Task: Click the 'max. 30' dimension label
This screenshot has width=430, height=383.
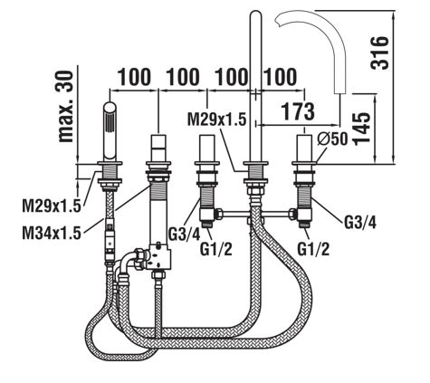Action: pyautogui.click(x=65, y=106)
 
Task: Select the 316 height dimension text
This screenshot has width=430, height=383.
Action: pyautogui.click(x=379, y=53)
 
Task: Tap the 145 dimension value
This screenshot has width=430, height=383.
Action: pyautogui.click(x=361, y=129)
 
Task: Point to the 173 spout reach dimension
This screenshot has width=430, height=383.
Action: pyautogui.click(x=298, y=110)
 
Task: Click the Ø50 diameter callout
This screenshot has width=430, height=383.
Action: pyautogui.click(x=332, y=139)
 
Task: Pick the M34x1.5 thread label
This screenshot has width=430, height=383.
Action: pyautogui.click(x=52, y=234)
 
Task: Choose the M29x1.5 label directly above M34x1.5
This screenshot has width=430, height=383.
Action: pyautogui.click(x=52, y=206)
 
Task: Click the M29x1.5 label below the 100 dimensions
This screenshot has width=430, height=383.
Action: pyautogui.click(x=217, y=119)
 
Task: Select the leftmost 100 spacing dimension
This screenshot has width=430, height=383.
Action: pyautogui.click(x=134, y=77)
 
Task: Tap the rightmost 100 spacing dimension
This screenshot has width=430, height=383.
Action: pyautogui.click(x=280, y=77)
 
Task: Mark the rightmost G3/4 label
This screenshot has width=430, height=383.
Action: pyautogui.click(x=360, y=223)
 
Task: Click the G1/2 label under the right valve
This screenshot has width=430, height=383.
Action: pyautogui.click(x=313, y=249)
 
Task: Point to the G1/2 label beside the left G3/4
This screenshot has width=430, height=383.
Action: pyautogui.click(x=216, y=249)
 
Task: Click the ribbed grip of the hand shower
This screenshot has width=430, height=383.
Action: pyautogui.click(x=110, y=121)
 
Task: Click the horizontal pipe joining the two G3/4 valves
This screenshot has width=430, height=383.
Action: pyautogui.click(x=255, y=214)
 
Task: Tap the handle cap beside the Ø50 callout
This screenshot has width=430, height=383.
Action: pyautogui.click(x=304, y=148)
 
